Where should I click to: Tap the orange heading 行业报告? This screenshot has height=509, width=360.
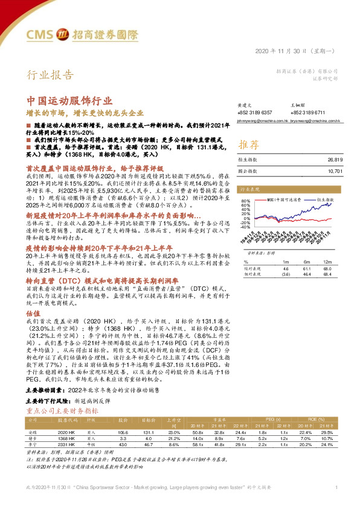coord(51,76)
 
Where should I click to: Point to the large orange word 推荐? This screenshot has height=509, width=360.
coord(249,145)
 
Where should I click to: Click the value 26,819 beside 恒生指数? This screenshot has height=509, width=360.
coord(335,160)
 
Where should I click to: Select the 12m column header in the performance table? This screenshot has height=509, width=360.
coord(329,262)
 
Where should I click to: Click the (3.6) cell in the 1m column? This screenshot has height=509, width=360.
coord(286,274)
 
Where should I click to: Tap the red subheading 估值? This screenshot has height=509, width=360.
coord(33,313)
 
